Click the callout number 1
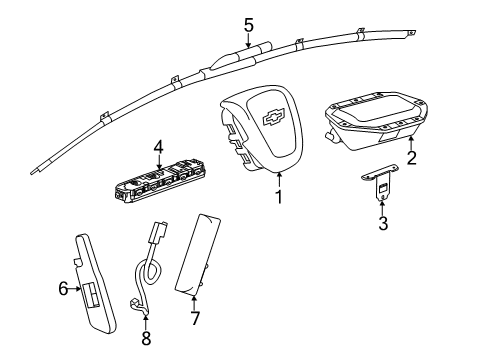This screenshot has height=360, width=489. tap(279, 197)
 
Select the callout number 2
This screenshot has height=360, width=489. tap(411, 157)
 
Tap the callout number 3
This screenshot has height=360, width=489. tap(382, 224)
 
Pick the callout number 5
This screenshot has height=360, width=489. tap(249, 25)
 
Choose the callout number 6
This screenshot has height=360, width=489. tap(62, 289)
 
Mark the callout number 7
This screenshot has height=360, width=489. tap(196, 318)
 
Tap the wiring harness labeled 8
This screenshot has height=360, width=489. tap(146, 276)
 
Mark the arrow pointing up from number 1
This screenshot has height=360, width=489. tap(279, 178)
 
